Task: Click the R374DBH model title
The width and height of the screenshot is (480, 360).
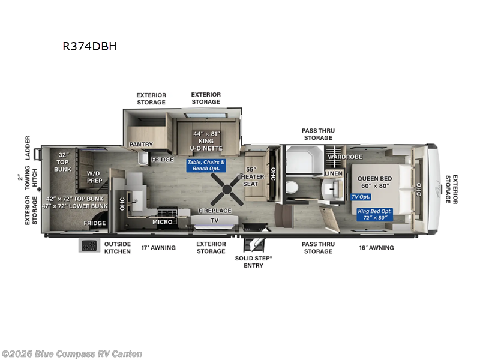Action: (x=89, y=46)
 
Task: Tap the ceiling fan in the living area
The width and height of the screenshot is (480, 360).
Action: (x=227, y=190)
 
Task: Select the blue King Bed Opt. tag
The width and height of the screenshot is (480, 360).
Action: (x=374, y=214)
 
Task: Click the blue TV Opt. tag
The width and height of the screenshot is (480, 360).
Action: (x=361, y=197)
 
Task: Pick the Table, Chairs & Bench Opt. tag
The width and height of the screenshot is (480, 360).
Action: (x=206, y=166)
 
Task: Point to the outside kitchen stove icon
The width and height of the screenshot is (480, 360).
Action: (x=89, y=245)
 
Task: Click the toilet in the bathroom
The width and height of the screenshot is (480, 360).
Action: (x=292, y=187)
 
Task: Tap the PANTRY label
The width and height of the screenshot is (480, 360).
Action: (x=141, y=144)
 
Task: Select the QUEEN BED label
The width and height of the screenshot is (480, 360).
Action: (x=374, y=178)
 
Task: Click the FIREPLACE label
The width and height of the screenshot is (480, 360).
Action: (x=215, y=211)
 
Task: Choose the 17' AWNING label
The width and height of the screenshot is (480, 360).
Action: (x=158, y=248)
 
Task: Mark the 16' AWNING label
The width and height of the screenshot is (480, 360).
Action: (x=377, y=248)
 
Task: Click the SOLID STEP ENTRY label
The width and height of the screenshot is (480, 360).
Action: (x=253, y=262)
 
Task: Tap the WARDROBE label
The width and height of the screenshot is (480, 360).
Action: (x=346, y=157)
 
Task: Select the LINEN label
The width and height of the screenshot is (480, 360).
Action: (x=334, y=173)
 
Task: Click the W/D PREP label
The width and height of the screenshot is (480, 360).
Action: (x=94, y=177)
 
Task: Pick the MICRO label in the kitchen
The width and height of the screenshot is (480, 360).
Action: (x=163, y=221)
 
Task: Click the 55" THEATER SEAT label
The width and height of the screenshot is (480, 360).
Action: (x=251, y=176)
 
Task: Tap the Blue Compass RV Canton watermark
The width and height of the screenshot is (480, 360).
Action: (x=71, y=354)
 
